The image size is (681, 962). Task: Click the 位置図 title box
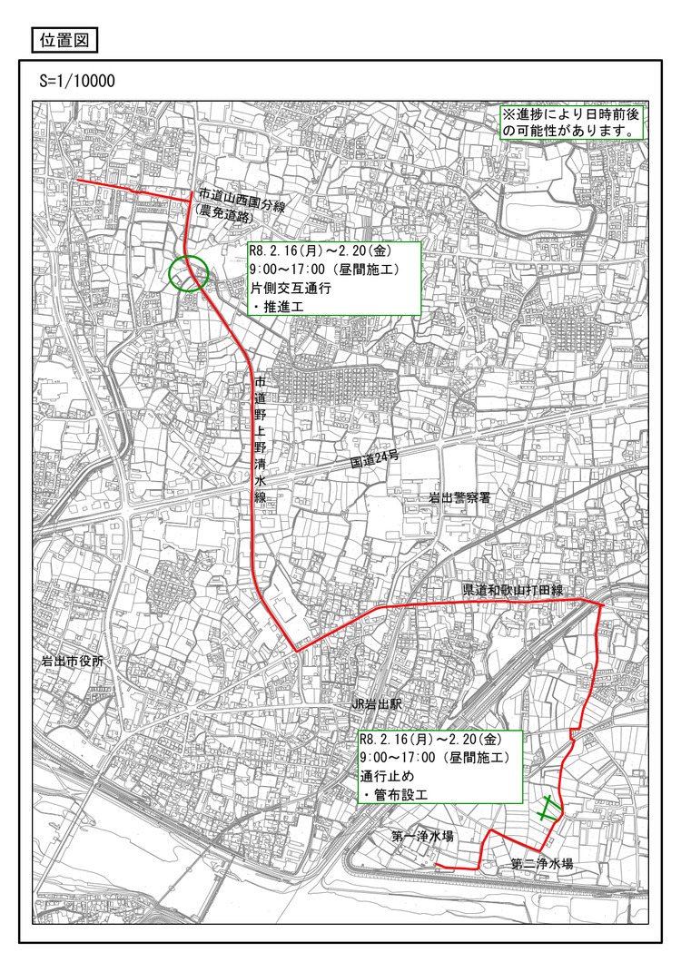point(64,40)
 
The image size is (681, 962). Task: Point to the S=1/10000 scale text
point(76,82)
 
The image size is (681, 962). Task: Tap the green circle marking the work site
point(189,272)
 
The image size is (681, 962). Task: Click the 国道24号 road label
point(375,461)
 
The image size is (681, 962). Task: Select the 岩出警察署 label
point(466,498)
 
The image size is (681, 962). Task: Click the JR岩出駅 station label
point(379,704)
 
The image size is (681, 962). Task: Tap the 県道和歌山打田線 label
point(513,591)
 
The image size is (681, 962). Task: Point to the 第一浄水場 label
point(423,835)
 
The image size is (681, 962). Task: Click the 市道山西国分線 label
point(242,194)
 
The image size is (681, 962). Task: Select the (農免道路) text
point(227,209)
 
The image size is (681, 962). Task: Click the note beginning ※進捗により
point(572,123)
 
